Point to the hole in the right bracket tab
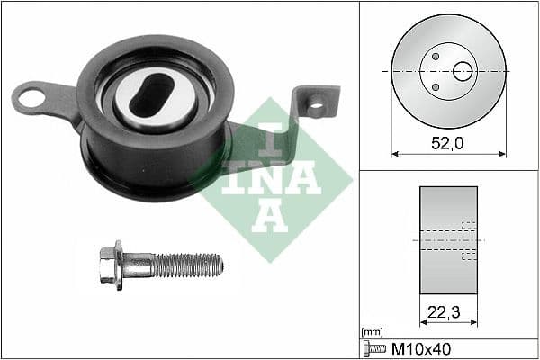(315, 106)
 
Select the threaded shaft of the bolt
(187, 265)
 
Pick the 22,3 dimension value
(448, 311)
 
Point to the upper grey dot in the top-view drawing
(435, 56)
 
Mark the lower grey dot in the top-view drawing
(435, 87)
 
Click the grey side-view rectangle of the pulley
(448, 240)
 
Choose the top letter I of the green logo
(267, 134)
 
